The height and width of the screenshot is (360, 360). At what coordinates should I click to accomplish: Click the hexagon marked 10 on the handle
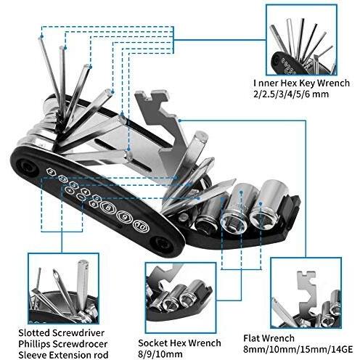[x=141, y=226]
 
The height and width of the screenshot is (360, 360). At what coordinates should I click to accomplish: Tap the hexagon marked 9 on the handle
[x=125, y=216]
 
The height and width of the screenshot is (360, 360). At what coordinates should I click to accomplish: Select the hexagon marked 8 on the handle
[x=108, y=207]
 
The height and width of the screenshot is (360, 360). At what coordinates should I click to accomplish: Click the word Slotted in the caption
[x=34, y=333]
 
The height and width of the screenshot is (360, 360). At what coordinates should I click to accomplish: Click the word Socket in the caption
[x=153, y=343]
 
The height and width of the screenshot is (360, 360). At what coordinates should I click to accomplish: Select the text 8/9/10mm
[x=160, y=355]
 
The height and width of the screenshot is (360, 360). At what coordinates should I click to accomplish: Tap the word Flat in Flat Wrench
[x=252, y=338]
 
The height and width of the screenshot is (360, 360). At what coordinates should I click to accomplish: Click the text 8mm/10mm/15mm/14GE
[x=298, y=350]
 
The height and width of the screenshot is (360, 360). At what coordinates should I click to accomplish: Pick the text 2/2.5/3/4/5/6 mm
[x=291, y=94]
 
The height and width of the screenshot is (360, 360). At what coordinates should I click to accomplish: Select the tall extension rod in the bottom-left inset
[x=83, y=285]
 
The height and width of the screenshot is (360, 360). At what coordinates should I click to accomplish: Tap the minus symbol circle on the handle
[x=81, y=197]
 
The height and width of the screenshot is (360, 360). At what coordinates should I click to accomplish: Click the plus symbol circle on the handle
[x=70, y=190]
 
